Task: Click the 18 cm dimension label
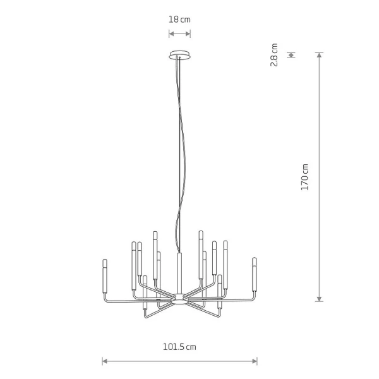pos(179,20)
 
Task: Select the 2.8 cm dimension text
pos(274,55)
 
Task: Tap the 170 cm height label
pos(305,177)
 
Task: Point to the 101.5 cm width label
pos(179,347)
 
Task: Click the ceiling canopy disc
pos(179,54)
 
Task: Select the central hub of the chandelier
pos(179,299)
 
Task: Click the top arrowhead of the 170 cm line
pos(320,55)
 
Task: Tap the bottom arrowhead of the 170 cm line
pos(320,299)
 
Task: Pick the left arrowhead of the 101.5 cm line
pos(105,361)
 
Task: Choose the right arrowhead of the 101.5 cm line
pos(255,361)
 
